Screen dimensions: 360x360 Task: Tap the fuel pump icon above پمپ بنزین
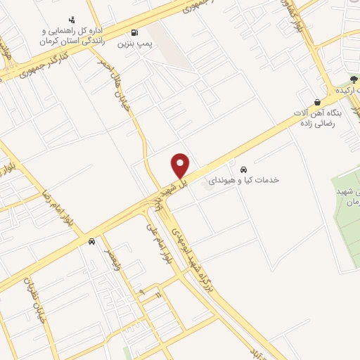point(134,32)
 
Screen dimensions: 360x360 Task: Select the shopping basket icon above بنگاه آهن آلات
point(318,102)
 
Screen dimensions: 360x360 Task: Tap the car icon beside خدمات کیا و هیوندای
point(243,169)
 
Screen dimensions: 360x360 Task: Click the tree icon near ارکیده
point(354,79)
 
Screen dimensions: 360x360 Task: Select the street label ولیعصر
point(112,262)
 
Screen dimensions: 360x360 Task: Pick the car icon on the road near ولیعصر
point(91,241)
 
